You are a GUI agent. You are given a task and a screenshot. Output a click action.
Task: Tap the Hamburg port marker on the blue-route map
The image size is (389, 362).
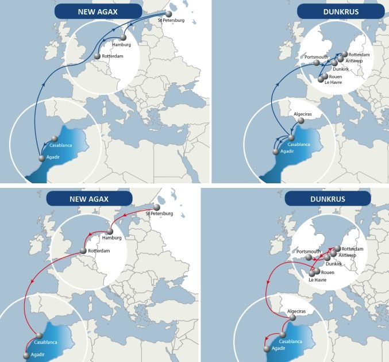tap(123, 37)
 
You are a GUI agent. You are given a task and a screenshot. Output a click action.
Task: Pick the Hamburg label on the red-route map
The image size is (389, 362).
tap(113, 237)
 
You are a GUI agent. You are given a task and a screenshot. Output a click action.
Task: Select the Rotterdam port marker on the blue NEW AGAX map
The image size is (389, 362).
tap(97, 56)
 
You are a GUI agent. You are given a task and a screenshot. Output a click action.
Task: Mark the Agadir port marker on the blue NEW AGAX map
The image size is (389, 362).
tap(41, 157)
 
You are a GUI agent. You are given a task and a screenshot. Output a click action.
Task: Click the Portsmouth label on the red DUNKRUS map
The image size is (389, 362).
tap(310, 252)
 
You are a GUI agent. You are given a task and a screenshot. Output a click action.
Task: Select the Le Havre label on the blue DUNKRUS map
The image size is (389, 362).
tap(324, 83)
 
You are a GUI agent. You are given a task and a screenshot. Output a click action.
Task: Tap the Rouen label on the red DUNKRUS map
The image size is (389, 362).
tap(328, 272)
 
